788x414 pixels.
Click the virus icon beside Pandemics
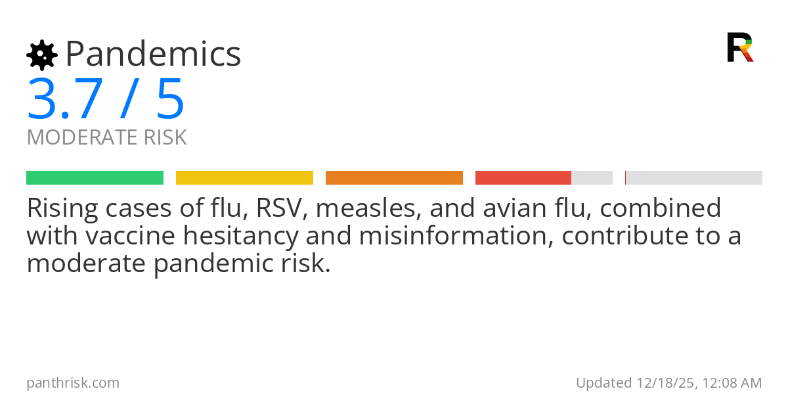pyautogui.click(x=42, y=55)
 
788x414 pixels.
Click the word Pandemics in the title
pyautogui.click(x=154, y=54)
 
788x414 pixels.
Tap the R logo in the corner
pyautogui.click(x=740, y=47)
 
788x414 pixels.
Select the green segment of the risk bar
pyautogui.click(x=95, y=178)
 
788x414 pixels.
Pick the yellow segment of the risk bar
pyautogui.click(x=244, y=178)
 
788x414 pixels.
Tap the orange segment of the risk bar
pyautogui.click(x=394, y=178)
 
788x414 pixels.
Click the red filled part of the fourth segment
pyautogui.click(x=523, y=178)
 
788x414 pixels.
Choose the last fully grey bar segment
pyautogui.click(x=694, y=178)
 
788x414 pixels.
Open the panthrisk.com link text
pyautogui.click(x=73, y=382)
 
